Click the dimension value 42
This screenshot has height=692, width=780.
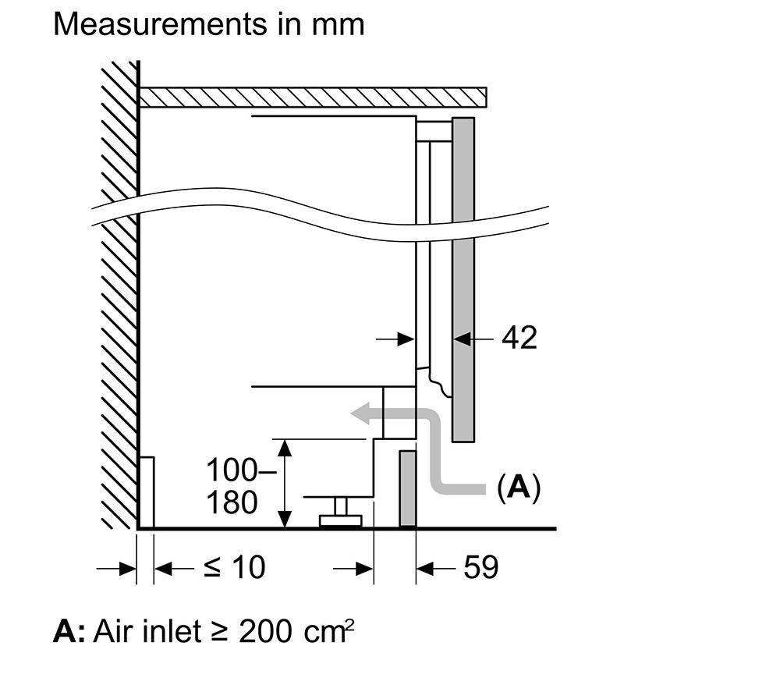point(519,338)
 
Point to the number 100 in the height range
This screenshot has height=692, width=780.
point(232,470)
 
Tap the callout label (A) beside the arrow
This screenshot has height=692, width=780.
point(519,488)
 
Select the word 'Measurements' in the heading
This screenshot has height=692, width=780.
point(160,24)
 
